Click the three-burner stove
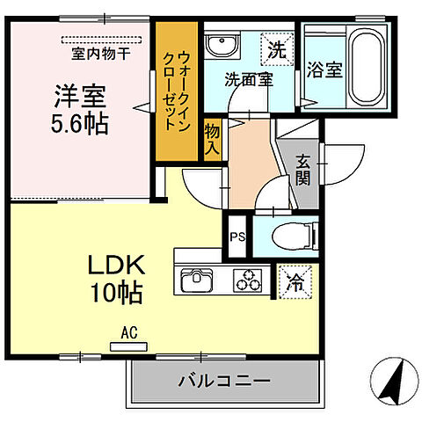[x=249, y=280]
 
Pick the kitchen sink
[x=200, y=280]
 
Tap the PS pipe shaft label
[x=236, y=236]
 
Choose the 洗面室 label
[x=247, y=79]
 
